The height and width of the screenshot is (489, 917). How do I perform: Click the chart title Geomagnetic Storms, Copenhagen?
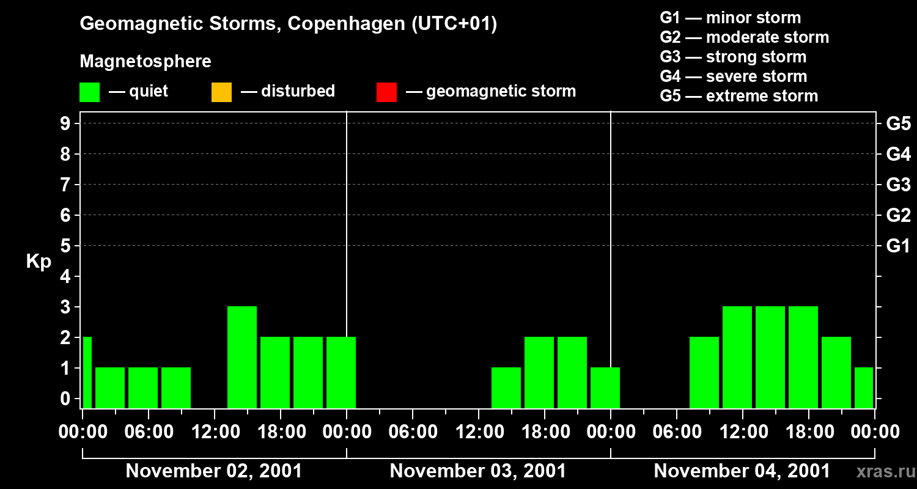(288, 24)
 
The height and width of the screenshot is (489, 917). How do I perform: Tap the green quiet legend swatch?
(89, 92)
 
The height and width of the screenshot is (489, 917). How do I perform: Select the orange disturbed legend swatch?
(221, 92)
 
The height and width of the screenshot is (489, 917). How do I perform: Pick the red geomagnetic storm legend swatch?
(386, 92)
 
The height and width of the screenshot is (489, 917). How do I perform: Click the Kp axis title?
(39, 262)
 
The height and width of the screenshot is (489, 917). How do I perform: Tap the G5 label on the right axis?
(898, 123)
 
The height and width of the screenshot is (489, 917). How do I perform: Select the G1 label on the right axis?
(898, 246)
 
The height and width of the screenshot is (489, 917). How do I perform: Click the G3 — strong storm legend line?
(733, 57)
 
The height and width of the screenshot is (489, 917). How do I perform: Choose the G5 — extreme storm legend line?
(738, 96)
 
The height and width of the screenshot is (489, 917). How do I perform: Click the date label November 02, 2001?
(213, 471)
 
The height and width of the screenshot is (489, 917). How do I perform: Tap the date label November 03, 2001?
(477, 471)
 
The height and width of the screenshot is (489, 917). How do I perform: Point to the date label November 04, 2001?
(742, 471)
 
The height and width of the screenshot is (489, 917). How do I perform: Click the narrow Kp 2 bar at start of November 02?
(87, 372)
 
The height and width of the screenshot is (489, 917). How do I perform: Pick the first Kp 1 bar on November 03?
(506, 387)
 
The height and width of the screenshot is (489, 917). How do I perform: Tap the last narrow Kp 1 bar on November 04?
(863, 387)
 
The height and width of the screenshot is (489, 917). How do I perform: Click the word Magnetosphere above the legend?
(145, 62)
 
